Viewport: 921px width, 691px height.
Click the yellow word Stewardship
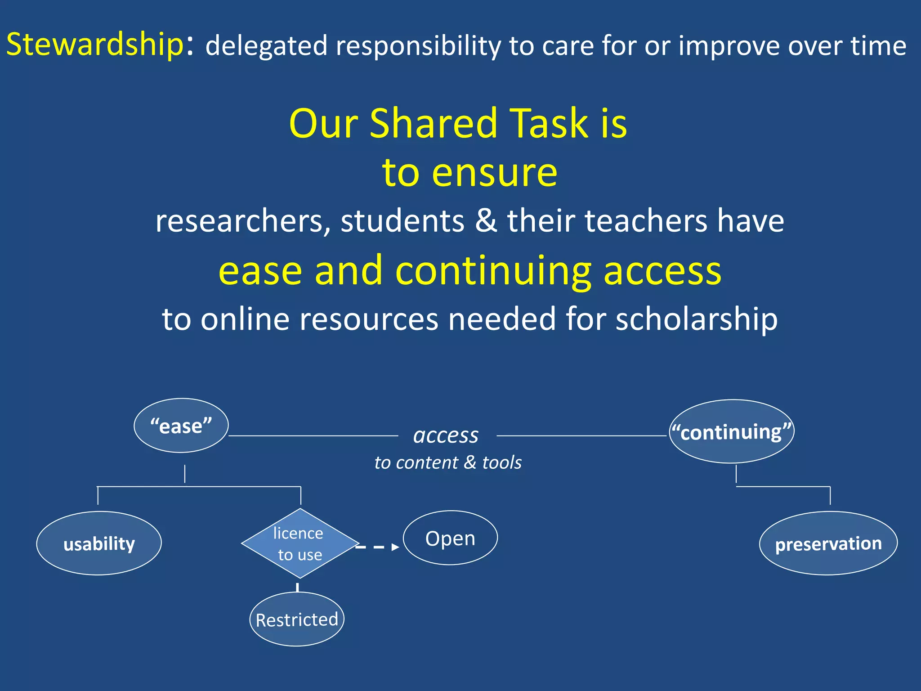pos(95,45)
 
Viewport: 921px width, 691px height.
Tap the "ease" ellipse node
pos(181,426)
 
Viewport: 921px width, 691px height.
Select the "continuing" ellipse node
pos(731,431)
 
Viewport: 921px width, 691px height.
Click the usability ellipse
pos(99,543)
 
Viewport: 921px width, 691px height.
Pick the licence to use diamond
pos(300,543)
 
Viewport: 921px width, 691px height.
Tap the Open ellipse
pos(450,538)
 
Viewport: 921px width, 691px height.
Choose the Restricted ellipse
pos(297,619)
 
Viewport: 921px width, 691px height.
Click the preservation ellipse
pos(828,543)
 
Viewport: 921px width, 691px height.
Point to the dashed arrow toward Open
pos(378,547)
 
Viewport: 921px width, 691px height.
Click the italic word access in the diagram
pos(446,435)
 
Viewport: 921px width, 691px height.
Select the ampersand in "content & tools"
pos(470,462)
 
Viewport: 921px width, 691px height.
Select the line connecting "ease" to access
pos(313,435)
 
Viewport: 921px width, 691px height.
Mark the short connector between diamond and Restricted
pos(297,587)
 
